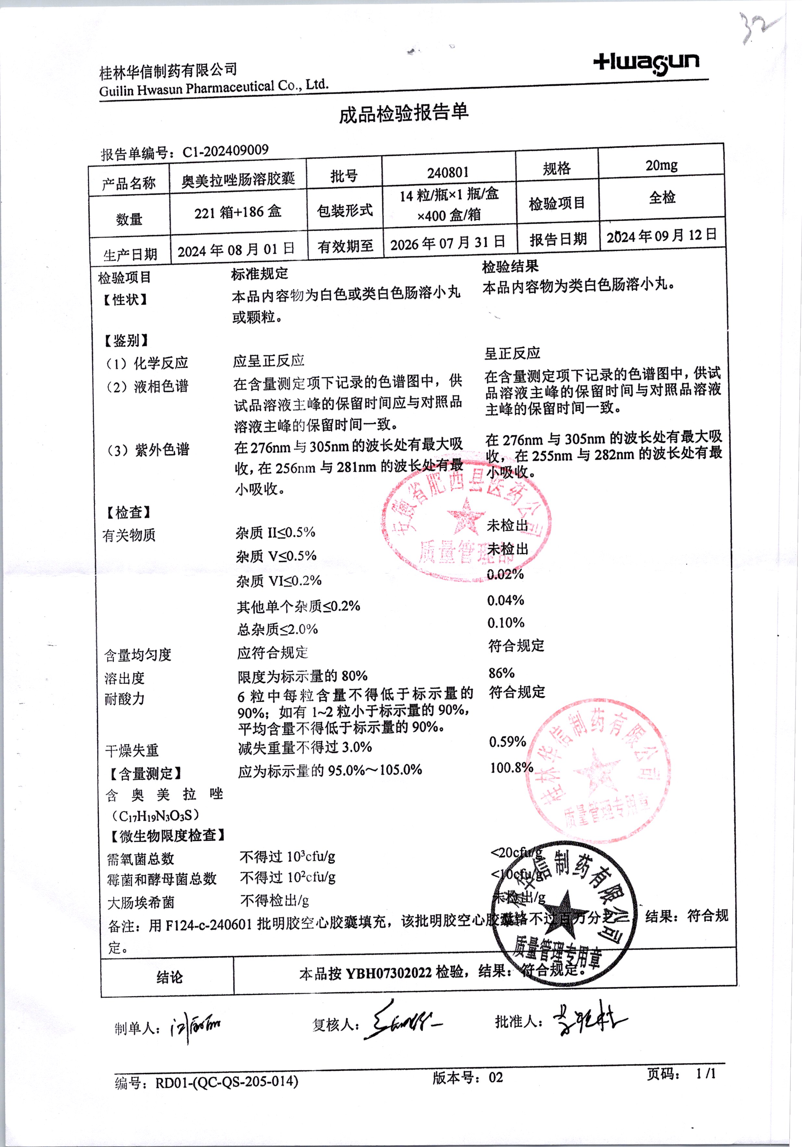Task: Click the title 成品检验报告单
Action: (x=403, y=113)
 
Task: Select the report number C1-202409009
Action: (x=225, y=151)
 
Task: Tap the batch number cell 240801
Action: (x=448, y=172)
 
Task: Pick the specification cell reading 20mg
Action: (x=661, y=165)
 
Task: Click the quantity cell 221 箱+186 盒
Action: (x=238, y=212)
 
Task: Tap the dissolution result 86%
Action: (x=502, y=673)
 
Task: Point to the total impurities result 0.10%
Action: (x=506, y=623)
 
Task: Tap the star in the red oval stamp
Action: (x=465, y=516)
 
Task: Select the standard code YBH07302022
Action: (x=388, y=972)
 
